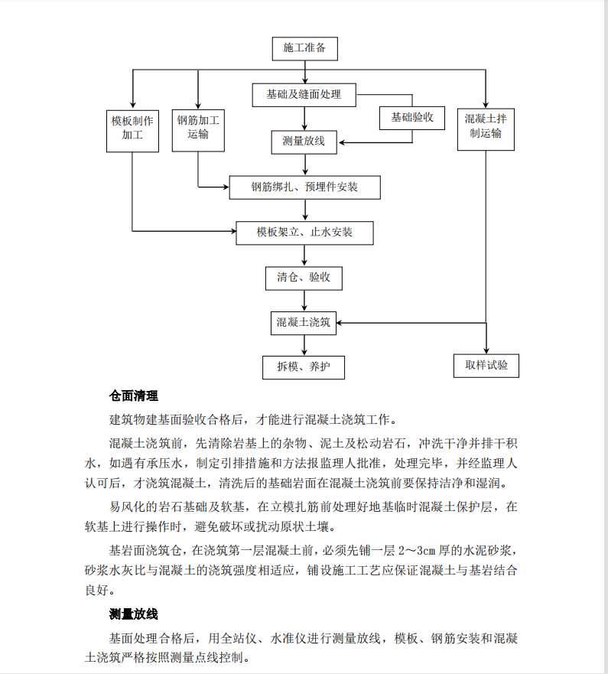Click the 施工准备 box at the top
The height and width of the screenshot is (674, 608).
(x=304, y=48)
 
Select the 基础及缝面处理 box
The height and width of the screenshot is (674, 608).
(x=304, y=95)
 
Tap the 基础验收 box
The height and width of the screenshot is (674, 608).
(x=412, y=119)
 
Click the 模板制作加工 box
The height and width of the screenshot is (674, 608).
(x=132, y=131)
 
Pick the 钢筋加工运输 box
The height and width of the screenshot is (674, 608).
(x=198, y=131)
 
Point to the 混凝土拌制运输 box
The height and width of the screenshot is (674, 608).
(x=486, y=129)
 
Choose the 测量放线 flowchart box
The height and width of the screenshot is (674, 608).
(x=304, y=142)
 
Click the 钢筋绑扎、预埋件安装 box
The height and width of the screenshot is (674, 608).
(x=304, y=187)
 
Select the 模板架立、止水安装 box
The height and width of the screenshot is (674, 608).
(x=304, y=233)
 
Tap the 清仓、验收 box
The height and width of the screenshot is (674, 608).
(x=304, y=278)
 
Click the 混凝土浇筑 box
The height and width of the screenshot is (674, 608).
(x=304, y=324)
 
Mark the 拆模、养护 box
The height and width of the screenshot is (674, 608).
(x=304, y=367)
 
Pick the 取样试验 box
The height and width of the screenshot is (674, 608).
(x=486, y=366)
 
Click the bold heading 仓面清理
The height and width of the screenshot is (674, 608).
(x=134, y=396)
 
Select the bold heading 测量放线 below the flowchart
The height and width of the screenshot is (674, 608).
(x=134, y=614)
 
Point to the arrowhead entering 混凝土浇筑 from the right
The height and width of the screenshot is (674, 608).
(x=340, y=323)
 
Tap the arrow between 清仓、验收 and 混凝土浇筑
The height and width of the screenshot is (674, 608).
(x=304, y=301)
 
